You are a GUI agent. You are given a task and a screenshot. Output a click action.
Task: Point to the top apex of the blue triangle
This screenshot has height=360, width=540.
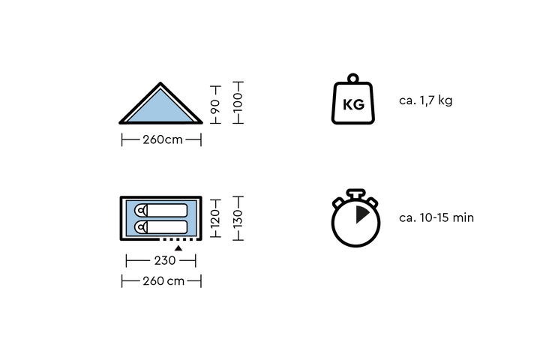coord(160,91)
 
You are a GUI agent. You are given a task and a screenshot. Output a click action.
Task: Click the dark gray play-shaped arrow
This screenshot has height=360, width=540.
coord(361,214)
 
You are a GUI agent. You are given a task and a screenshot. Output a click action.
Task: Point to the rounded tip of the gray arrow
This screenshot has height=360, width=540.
coord(370,214)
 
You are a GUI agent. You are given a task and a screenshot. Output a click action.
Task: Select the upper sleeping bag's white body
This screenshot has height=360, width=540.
coord(167,211)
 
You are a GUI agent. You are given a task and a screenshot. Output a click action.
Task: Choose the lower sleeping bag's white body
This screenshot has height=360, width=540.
coord(167,226)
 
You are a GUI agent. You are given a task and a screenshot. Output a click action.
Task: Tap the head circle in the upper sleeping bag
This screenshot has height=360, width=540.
coord(140,211)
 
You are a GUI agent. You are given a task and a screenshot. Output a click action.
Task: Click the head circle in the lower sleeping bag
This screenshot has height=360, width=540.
coord(140,226)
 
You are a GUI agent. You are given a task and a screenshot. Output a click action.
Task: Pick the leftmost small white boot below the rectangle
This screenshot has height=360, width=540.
coord(161,241)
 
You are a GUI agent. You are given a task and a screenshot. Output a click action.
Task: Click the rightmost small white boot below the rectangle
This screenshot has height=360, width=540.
coord(194,241)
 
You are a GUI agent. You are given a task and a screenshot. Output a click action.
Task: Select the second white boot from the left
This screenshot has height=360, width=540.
coord(168,241)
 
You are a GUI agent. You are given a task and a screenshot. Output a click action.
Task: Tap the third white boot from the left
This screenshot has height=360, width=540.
coord(175,241)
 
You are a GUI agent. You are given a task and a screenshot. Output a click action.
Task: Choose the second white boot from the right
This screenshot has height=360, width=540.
coord(187,241)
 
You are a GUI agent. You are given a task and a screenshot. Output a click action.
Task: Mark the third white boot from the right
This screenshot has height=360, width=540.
coord(181,241)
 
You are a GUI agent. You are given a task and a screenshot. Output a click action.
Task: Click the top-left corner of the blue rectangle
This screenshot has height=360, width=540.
coord(127,202)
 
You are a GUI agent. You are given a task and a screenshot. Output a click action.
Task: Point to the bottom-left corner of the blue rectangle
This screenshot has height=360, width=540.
coord(127,234)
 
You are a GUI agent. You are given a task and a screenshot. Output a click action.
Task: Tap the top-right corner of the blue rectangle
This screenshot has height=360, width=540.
coord(195,202)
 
